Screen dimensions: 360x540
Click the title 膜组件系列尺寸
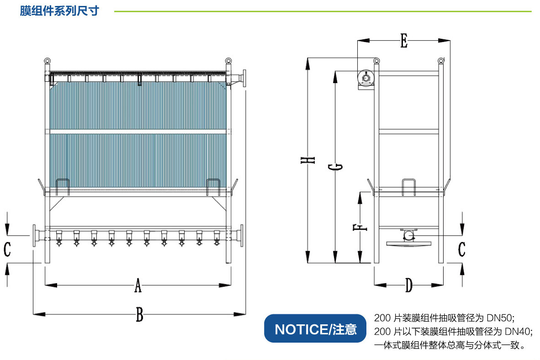[x=59, y=11]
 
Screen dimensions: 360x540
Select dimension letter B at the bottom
[x=140, y=315]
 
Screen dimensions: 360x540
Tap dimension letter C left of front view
[x=7, y=249]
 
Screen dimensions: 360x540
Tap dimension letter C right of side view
[x=462, y=249]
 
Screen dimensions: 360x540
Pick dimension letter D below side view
[x=409, y=286]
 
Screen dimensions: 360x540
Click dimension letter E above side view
[x=403, y=42]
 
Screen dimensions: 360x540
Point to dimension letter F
[x=360, y=227]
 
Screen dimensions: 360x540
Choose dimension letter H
[x=309, y=160]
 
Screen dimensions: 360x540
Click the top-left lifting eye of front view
[x=47, y=61]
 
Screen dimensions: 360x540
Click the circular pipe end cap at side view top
[x=365, y=78]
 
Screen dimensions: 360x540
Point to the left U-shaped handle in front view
[x=63, y=187]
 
